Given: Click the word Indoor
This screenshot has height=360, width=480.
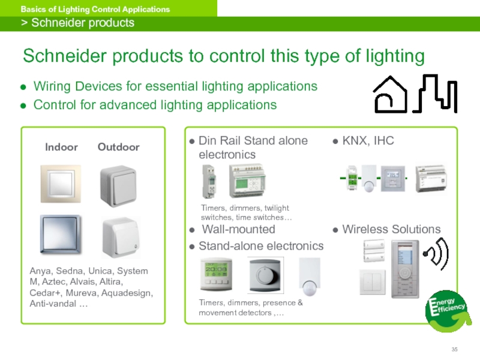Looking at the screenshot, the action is pos(62,147).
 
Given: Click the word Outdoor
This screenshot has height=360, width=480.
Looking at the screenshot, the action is pos(118,147).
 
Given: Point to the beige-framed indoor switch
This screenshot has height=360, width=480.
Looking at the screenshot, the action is pos(61,184).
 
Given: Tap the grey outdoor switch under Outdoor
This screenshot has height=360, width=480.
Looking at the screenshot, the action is pos(118,184).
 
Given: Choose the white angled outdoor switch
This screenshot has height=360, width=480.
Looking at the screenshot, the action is pos(121,238).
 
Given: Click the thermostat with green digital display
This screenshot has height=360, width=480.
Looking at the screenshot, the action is pos(217,275).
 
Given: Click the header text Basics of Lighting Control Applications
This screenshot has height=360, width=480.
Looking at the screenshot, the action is pos(95,9).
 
